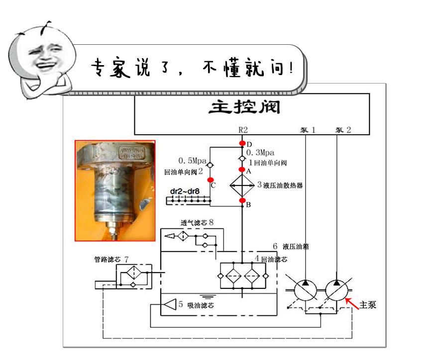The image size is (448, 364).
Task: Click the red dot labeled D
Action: tap(242, 144)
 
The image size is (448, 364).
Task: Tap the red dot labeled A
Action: tap(242, 170)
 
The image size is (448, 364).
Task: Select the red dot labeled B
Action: tap(242, 200)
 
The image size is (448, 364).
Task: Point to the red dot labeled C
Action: tap(211, 180)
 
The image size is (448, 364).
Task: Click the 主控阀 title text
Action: tap(244, 107)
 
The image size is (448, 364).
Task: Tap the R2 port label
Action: tap(243, 130)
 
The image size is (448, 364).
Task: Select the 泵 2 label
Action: tap(343, 130)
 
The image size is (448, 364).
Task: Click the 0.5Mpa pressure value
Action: tap(192, 161)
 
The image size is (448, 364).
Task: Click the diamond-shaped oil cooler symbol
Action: tap(242, 185)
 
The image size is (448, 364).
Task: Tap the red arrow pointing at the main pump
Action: tap(351, 302)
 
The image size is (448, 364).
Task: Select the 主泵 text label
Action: tap(368, 305)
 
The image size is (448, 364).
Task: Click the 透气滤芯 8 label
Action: tap(197, 222)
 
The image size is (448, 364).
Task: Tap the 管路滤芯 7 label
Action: tap(112, 259)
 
